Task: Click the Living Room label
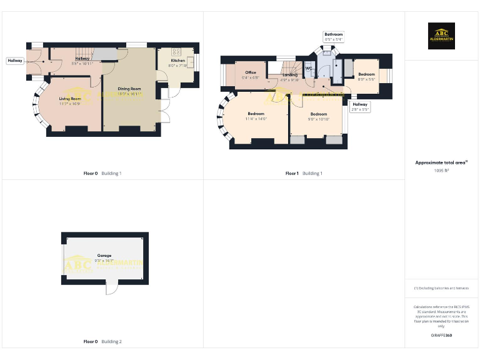tap(71, 99)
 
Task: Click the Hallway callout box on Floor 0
tap(15, 61)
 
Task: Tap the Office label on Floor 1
tap(251, 72)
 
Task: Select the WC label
tap(308, 69)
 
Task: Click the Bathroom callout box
tap(334, 36)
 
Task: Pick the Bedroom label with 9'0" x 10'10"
tap(319, 114)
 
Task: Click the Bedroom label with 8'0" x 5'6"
tap(366, 74)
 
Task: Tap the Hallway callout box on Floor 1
tap(361, 107)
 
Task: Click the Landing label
tap(289, 75)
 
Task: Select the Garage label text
tap(104, 256)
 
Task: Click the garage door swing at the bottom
tap(111, 287)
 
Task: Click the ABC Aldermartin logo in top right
tap(441, 36)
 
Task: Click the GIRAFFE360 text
tap(441, 336)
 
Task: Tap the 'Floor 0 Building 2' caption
tap(102, 342)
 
